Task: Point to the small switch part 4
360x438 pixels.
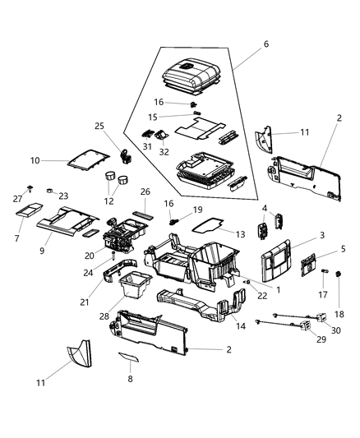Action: [276, 223]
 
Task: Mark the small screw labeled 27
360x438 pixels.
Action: [30, 188]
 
